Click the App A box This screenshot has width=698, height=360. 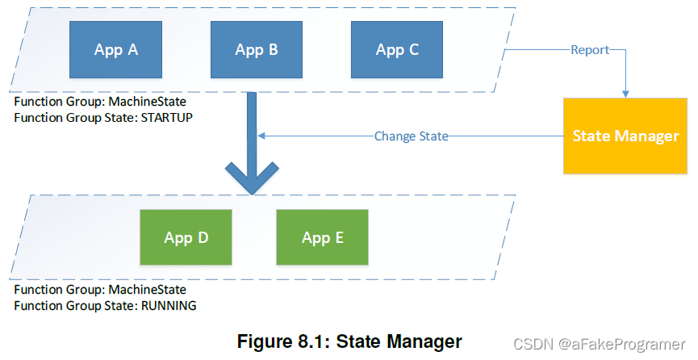coord(115,50)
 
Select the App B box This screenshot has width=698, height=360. coord(257,50)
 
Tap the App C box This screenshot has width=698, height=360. coord(397,50)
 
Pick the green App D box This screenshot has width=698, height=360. coord(186,237)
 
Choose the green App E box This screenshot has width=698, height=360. coord(323,237)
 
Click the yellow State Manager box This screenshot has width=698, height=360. coord(625,136)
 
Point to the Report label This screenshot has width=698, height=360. coord(590,50)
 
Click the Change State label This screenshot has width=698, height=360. coord(411,136)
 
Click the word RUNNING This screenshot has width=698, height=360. coord(169,306)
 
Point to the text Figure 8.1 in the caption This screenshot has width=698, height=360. coord(282,341)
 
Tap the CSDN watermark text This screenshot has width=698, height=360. coord(531,343)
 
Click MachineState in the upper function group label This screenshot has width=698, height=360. coord(148,103)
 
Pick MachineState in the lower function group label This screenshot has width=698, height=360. coord(148,290)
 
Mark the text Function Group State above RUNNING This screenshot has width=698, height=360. coord(75,306)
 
